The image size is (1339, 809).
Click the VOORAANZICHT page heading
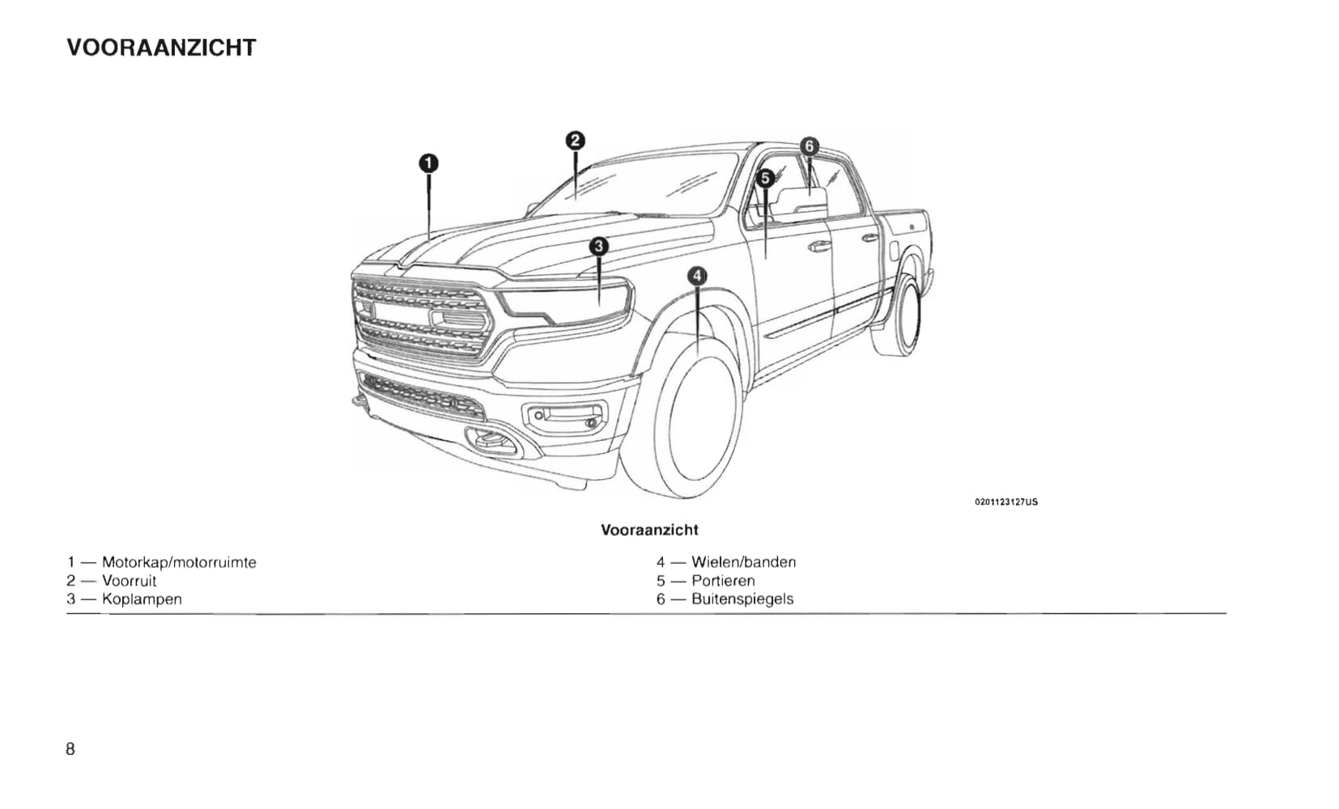161,48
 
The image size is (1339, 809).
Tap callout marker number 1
428,163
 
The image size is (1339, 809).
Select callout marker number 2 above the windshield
575,141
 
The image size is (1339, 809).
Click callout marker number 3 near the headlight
598,246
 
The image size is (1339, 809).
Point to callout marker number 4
697,276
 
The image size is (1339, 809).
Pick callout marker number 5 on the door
765,178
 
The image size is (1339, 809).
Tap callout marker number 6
810,146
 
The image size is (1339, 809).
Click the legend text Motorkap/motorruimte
180,563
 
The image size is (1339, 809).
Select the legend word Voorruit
129,581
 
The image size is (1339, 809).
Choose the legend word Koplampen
142,599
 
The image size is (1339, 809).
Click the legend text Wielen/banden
744,562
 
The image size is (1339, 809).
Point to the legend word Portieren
723,581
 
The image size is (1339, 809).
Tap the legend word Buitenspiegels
742,599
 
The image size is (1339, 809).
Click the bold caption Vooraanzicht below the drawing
649,530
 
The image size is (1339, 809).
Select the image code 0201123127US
1006,502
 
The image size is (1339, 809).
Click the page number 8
70,748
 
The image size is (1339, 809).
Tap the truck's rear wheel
898,316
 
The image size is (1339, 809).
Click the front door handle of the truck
819,246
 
